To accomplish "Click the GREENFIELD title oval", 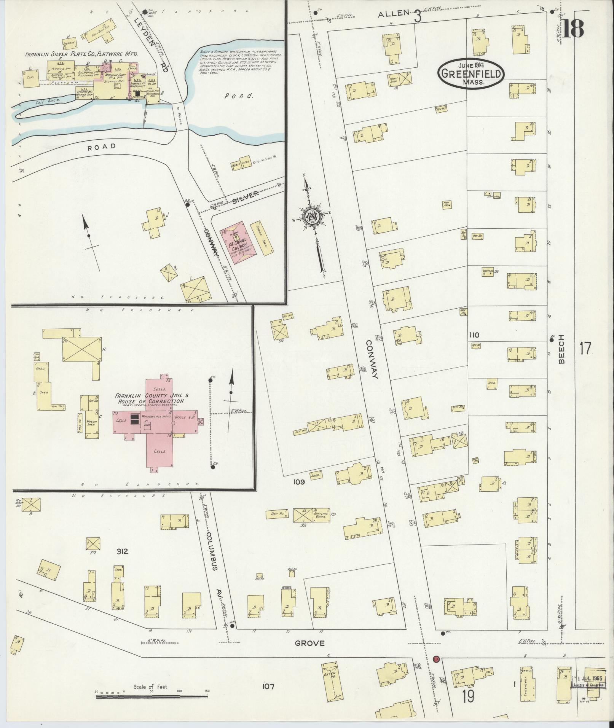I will (x=471, y=74).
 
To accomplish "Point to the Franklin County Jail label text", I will (x=150, y=398).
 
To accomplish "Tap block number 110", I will (x=474, y=335).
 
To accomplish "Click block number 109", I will (x=299, y=482).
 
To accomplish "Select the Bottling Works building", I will (x=317, y=515).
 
